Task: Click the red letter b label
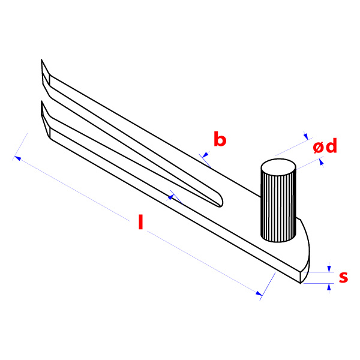[220, 139]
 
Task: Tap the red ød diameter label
[325, 146]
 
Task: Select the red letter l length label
[141, 222]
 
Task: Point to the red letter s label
[343, 277]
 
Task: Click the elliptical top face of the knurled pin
[278, 167]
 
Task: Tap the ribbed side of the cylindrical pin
[278, 208]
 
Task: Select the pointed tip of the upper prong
[41, 59]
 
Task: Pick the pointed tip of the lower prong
[41, 101]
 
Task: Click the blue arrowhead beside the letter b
[205, 155]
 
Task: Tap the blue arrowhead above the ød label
[306, 137]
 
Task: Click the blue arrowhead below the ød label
[321, 162]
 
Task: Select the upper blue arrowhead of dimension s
[329, 269]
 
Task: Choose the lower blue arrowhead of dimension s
[329, 287]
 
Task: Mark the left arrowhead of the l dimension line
[17, 158]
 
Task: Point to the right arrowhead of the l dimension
[259, 293]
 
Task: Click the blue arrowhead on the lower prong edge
[171, 197]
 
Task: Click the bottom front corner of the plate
[301, 283]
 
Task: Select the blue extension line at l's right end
[268, 286]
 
